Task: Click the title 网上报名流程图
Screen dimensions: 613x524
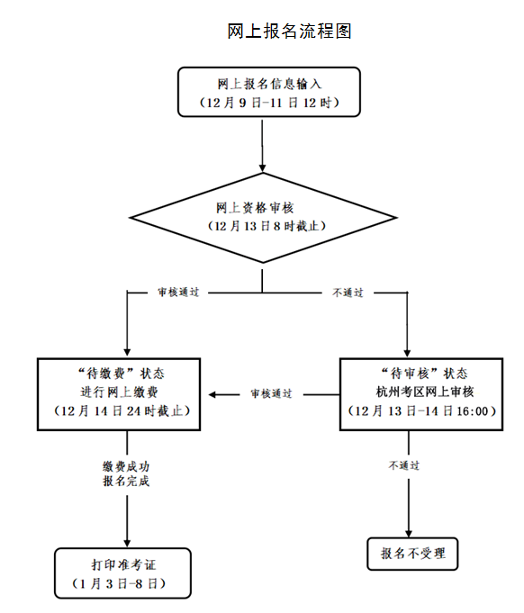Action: coord(289,32)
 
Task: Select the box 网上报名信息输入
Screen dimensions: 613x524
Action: coord(263,92)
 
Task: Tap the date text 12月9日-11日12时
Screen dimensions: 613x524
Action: coord(263,104)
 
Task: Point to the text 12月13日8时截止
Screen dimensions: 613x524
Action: coord(262,225)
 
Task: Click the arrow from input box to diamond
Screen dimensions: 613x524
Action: coord(262,144)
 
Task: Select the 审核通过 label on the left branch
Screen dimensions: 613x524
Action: coord(177,293)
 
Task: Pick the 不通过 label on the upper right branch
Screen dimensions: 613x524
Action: coord(348,293)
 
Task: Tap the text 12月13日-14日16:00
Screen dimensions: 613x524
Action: coord(420,411)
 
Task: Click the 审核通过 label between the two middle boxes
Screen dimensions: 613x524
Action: coord(271,394)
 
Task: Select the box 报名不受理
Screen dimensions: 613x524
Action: coord(412,553)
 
